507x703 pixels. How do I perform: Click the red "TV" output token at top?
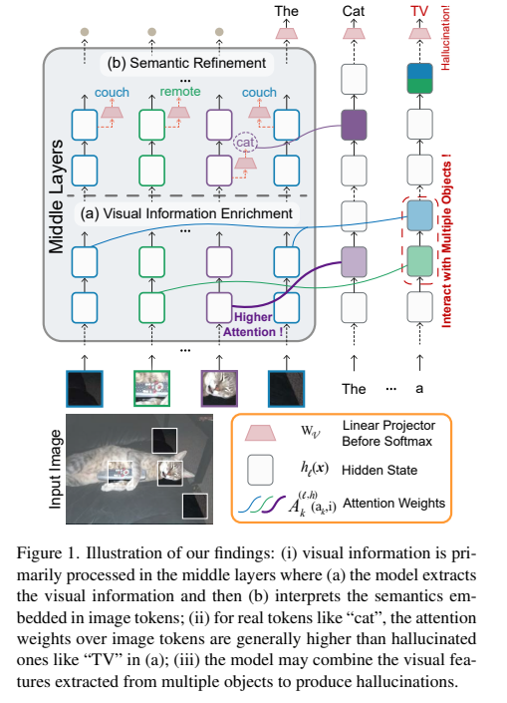pos(419,11)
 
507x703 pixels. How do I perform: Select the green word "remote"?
pos(180,93)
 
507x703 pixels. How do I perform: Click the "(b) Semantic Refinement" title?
pos(186,64)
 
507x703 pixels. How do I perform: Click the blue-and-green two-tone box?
pos(419,78)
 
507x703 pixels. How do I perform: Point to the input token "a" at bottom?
pos(419,389)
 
